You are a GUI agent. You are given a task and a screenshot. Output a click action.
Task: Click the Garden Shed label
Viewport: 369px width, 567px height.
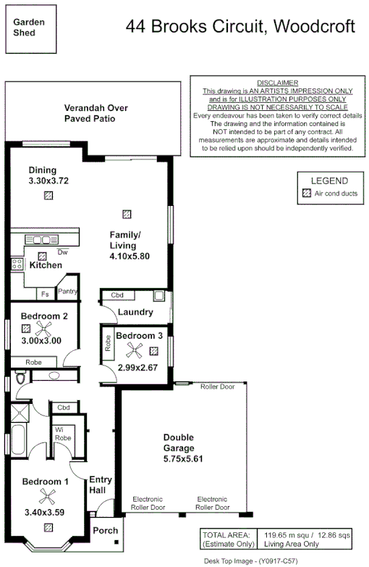(29, 27)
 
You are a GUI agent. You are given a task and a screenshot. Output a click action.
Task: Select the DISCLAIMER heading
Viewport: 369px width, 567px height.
(277, 83)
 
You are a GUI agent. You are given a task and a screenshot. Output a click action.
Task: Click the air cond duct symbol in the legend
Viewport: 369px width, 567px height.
(307, 194)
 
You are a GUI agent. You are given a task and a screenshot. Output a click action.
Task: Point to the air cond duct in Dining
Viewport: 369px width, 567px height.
(48, 195)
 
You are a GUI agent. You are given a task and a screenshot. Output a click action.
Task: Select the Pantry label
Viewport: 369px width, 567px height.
(68, 291)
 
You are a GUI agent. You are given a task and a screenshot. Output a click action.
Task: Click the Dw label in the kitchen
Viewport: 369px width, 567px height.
(62, 253)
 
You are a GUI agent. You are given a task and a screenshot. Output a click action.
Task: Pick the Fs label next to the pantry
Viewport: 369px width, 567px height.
(45, 294)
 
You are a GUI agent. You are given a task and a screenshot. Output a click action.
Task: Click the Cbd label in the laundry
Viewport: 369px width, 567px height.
(117, 296)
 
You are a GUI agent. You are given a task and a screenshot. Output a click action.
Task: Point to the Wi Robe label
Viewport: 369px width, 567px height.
(63, 434)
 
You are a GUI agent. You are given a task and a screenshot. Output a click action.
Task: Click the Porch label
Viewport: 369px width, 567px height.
(106, 531)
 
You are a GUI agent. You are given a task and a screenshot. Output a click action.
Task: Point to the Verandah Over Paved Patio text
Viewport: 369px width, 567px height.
(96, 112)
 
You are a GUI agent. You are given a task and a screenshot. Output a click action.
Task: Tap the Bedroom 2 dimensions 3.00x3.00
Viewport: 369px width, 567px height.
(41, 341)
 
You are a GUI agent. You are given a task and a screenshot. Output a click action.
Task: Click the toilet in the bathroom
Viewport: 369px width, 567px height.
(20, 378)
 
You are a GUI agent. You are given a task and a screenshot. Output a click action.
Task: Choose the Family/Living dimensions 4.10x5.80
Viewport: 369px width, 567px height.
(130, 256)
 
